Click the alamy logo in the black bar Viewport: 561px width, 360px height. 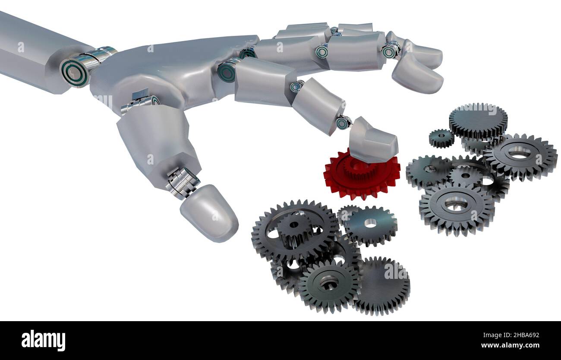[43, 341]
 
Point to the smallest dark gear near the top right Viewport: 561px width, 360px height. [441, 138]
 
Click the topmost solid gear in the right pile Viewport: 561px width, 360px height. [478, 120]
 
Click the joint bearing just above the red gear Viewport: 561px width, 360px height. [344, 122]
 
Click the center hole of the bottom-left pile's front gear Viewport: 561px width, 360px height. [329, 284]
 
